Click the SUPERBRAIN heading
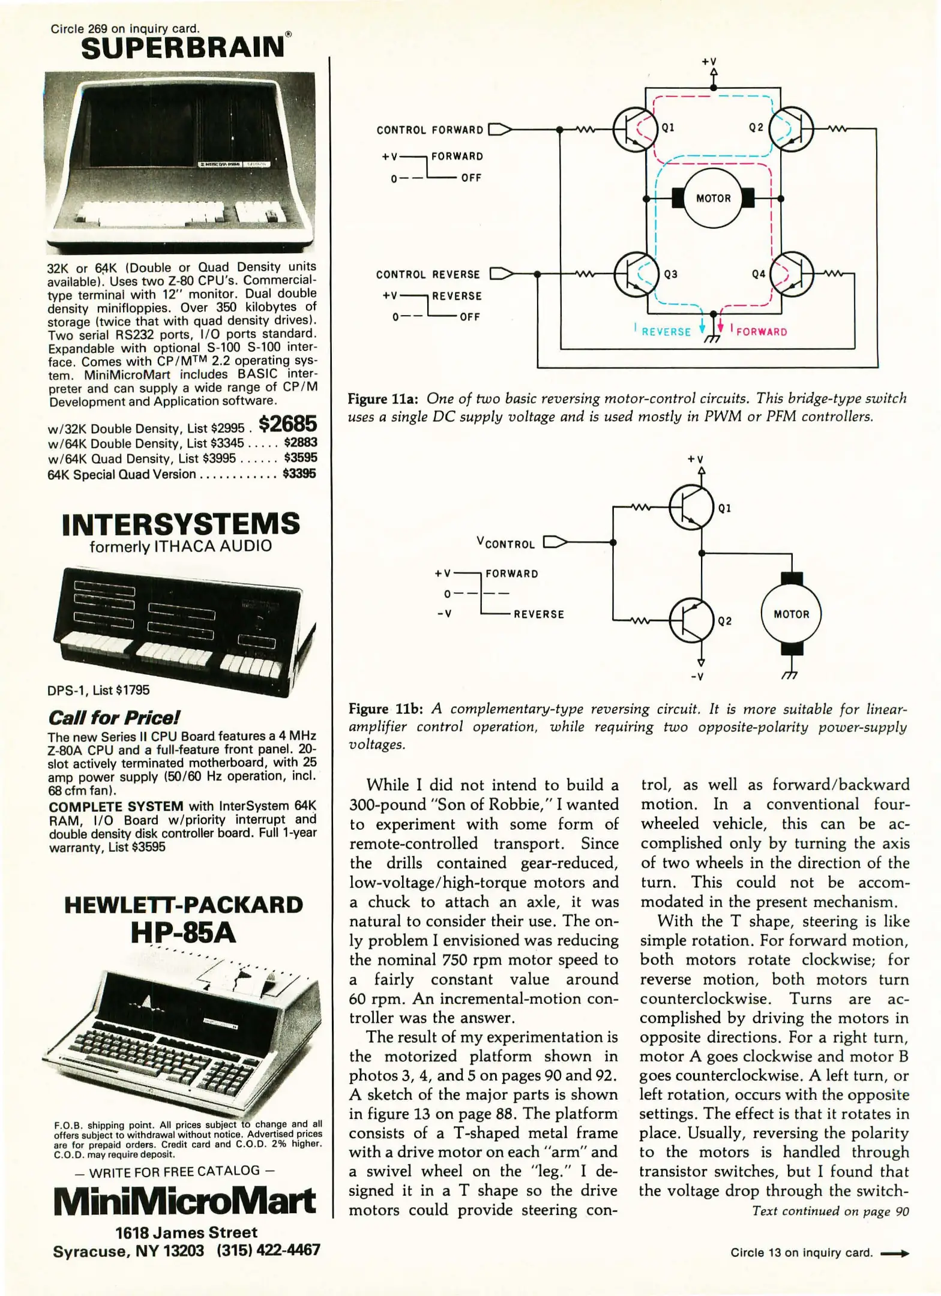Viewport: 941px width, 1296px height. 183,48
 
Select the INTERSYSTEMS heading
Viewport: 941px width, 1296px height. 181,524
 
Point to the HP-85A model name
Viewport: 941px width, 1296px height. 183,932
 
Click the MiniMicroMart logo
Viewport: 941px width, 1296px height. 184,1201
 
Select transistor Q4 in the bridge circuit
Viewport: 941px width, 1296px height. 792,274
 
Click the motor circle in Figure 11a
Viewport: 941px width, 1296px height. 713,198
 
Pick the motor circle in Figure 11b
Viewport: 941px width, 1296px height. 791,614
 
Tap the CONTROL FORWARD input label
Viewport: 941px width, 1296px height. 430,130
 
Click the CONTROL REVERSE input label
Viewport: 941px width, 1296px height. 428,275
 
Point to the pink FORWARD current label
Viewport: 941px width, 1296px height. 761,332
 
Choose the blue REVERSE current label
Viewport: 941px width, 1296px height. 666,332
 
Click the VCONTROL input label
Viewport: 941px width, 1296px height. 505,543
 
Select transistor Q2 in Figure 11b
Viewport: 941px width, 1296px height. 691,620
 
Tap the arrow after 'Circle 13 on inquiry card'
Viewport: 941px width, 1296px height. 894,1253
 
